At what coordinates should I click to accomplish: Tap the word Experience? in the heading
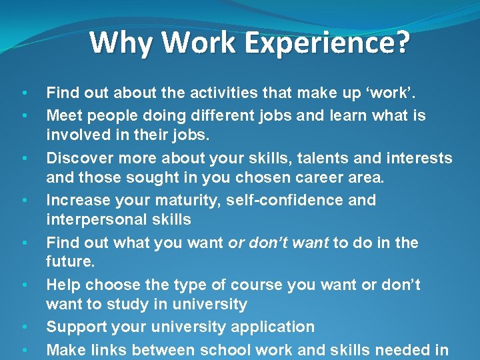328,43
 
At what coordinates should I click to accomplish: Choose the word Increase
79,200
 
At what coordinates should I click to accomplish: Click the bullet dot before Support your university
24,327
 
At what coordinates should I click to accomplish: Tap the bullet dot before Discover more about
24,159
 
